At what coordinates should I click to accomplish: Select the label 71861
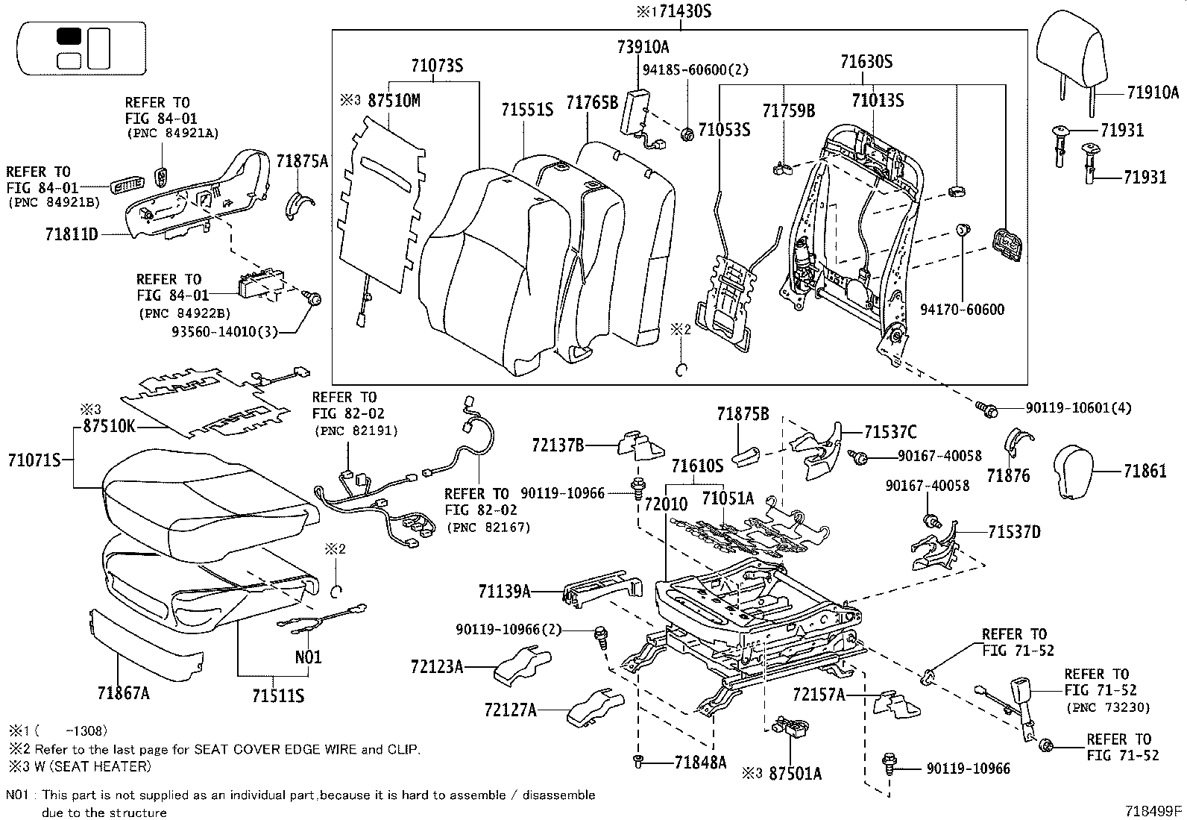click(1145, 471)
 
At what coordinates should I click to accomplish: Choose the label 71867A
click(123, 694)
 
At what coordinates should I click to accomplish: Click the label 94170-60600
click(962, 310)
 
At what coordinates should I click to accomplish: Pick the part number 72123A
click(436, 666)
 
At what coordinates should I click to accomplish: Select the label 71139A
click(505, 592)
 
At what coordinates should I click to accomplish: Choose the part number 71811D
click(72, 234)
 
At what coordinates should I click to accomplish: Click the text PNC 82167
click(488, 527)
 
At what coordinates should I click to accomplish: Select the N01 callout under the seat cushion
click(307, 657)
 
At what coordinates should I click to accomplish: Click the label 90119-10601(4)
click(1078, 408)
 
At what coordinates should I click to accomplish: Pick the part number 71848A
click(700, 763)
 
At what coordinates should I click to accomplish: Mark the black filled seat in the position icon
click(69, 37)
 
